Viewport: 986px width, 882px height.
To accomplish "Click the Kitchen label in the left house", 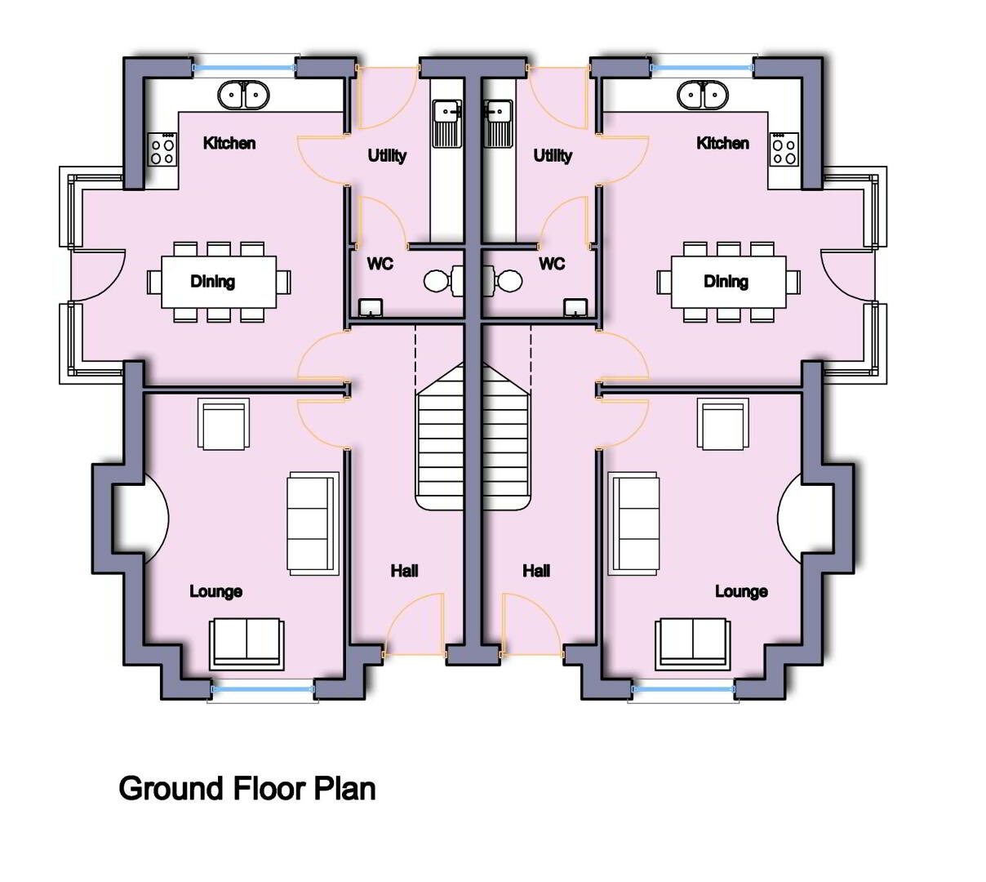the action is (x=229, y=143).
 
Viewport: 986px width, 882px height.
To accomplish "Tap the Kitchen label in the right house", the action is (x=722, y=143).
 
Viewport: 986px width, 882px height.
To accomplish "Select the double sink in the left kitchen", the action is (x=243, y=95).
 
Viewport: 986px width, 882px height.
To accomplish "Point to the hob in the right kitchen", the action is (x=784, y=149).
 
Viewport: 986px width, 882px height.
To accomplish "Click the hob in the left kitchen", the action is (x=162, y=149).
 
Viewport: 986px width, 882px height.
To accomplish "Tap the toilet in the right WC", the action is (x=503, y=281).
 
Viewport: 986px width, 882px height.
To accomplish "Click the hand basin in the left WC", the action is (x=371, y=308).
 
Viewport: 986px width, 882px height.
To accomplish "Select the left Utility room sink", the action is (x=446, y=123).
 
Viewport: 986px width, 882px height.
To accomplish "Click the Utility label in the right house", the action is (x=553, y=156).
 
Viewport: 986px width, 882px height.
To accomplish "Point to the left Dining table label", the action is (x=213, y=282).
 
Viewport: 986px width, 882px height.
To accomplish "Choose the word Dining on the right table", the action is (x=726, y=282).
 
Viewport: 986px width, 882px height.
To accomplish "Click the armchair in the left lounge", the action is (x=224, y=424).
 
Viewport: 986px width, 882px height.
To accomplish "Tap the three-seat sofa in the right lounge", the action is (x=633, y=523).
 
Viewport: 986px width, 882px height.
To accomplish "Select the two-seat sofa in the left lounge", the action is (x=246, y=644).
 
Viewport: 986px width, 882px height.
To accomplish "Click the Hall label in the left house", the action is (x=404, y=571).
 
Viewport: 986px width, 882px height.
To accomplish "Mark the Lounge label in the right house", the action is (x=741, y=592).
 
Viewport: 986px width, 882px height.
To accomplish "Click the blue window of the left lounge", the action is (x=263, y=689).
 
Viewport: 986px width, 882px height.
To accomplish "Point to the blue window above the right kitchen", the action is (x=702, y=68).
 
